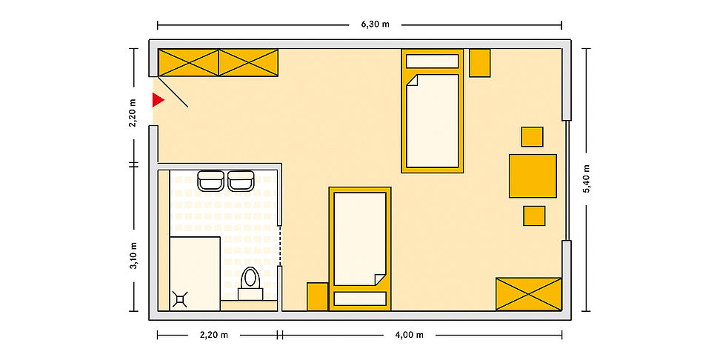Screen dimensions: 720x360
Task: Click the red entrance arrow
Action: tap(158, 100)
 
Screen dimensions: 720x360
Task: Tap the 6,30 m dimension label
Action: tap(375, 24)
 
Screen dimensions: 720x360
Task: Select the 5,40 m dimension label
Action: tap(587, 179)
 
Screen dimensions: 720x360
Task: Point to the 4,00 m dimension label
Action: tap(410, 335)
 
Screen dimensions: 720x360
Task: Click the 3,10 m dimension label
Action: tap(133, 256)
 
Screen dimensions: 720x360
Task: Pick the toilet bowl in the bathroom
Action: tap(250, 278)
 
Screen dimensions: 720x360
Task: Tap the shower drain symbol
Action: tap(180, 299)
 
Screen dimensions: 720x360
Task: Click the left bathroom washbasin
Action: tap(211, 181)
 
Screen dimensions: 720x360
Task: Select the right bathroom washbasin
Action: tap(241, 181)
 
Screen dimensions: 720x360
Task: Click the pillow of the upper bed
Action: tap(432, 61)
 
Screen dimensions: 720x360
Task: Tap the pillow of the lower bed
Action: tap(360, 299)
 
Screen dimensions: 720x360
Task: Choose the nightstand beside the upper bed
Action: tap(480, 63)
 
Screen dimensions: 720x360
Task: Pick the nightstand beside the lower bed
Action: tap(317, 296)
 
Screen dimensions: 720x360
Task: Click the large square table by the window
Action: tap(533, 176)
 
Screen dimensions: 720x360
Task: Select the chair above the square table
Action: tap(532, 136)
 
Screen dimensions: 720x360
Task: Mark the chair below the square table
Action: tap(534, 216)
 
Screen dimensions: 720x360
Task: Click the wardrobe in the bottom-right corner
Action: tap(529, 294)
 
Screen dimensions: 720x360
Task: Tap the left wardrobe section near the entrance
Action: tap(188, 63)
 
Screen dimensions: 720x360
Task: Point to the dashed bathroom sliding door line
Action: tap(280, 246)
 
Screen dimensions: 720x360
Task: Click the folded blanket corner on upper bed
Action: tap(411, 80)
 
